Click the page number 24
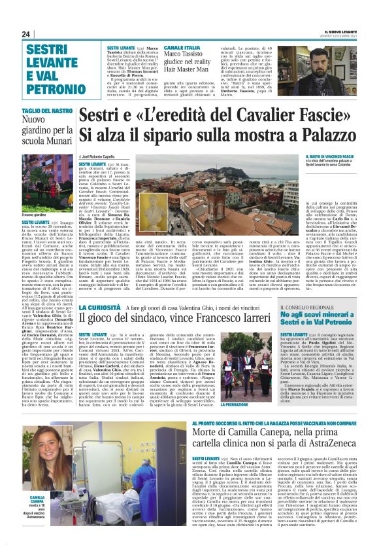[26, 34]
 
